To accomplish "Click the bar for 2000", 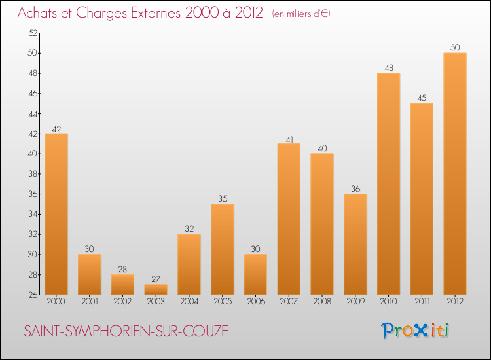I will pyautogui.click(x=56, y=214).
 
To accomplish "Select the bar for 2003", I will pyautogui.click(x=156, y=289).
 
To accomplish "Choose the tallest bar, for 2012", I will pyautogui.click(x=455, y=173).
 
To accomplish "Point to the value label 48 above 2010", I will pyautogui.click(x=388, y=67).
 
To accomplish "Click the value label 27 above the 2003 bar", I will pyautogui.click(x=156, y=279).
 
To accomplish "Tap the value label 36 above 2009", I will pyautogui.click(x=355, y=189).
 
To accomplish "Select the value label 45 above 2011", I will pyautogui.click(x=422, y=98).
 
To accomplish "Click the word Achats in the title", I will pyautogui.click(x=40, y=13).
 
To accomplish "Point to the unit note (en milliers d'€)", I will pyautogui.click(x=301, y=14).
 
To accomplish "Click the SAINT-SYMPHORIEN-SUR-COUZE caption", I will pyautogui.click(x=126, y=331).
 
